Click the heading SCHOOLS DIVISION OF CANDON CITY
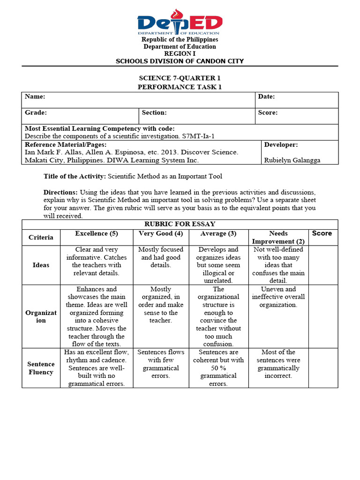180,61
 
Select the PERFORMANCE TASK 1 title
180,87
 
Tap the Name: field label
35,97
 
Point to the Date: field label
266,97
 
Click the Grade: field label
36,112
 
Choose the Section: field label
154,112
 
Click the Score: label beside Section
268,112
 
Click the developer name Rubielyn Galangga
293,160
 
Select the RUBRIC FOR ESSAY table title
180,224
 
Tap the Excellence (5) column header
97,233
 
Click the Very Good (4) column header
161,233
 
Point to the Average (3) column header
218,233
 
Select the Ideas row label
41,265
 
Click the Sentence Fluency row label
41,368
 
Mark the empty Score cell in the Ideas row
324,265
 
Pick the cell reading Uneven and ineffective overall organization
278,297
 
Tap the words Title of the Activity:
75,176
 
